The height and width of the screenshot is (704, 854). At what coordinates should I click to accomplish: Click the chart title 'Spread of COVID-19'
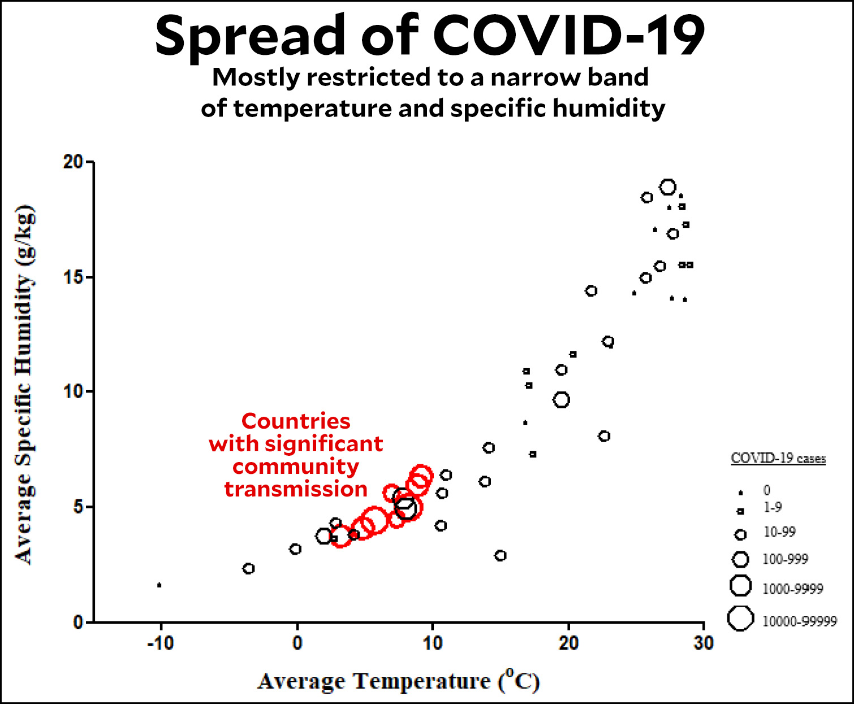430,35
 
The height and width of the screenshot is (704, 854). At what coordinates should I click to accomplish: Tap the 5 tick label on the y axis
78,507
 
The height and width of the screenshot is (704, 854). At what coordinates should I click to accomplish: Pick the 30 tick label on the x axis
704,642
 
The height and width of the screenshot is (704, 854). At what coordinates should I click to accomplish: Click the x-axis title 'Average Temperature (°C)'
399,680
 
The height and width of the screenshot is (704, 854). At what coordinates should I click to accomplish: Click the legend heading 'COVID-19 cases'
778,458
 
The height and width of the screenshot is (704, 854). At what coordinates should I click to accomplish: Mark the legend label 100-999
785,559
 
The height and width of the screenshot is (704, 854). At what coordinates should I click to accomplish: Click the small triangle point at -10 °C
159,585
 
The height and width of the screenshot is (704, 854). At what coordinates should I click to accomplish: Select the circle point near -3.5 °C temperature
248,568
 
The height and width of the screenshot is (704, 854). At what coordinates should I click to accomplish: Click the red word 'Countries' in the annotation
296,421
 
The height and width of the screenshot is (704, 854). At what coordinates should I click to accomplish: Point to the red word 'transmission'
296,489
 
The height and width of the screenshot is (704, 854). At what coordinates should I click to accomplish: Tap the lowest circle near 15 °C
500,556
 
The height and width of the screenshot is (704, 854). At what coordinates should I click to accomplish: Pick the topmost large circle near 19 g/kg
668,187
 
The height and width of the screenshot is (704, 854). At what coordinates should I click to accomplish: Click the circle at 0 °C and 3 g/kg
295,549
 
